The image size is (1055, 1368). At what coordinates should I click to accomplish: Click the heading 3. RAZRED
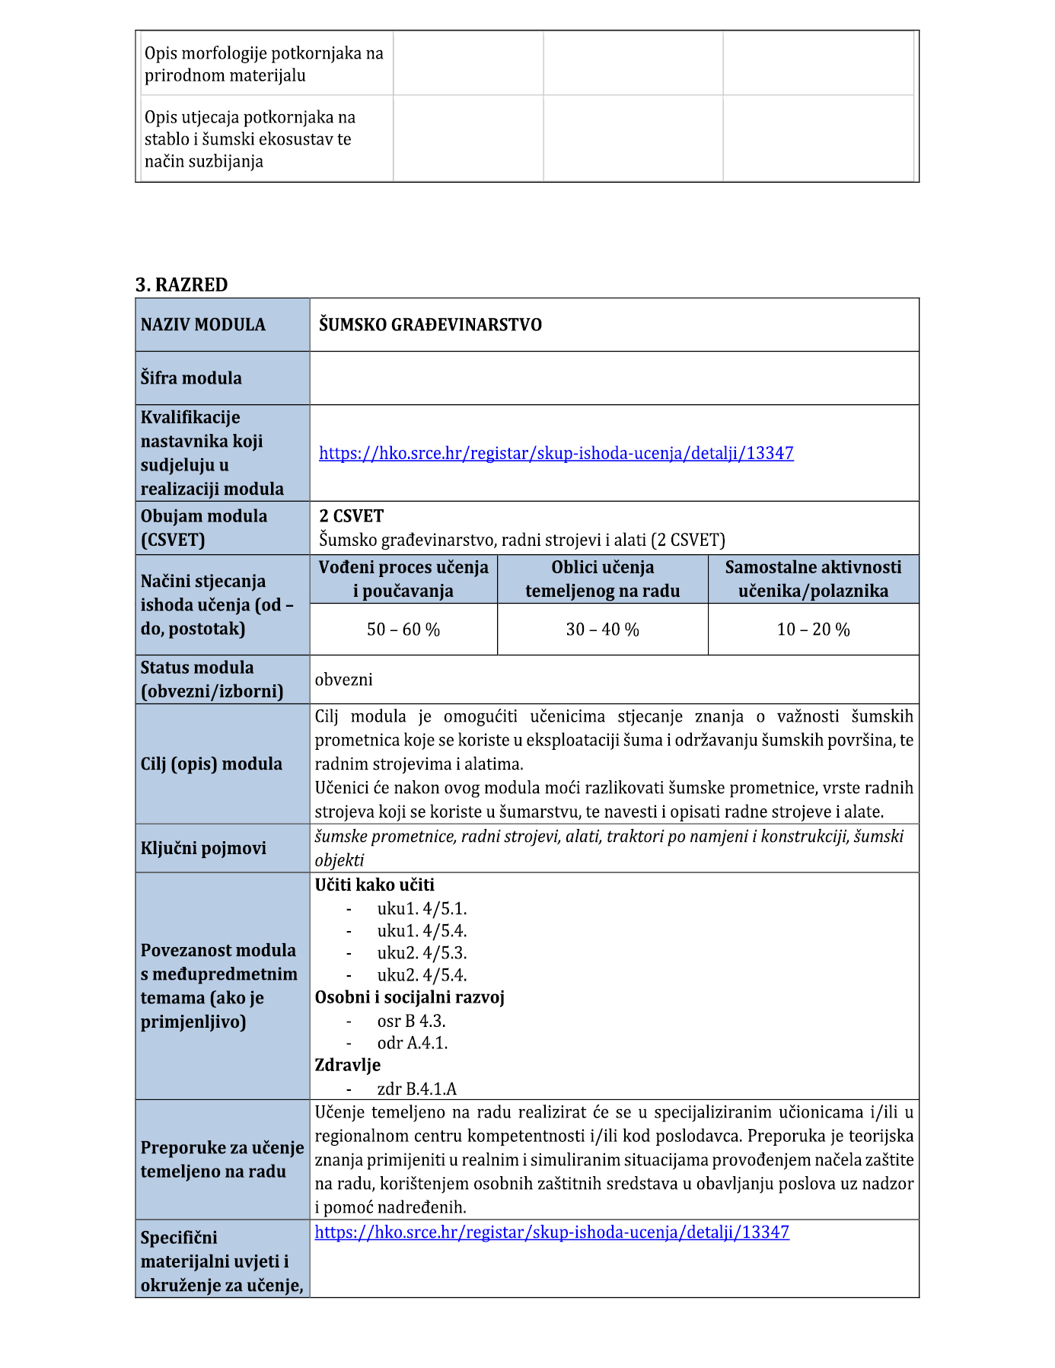181,285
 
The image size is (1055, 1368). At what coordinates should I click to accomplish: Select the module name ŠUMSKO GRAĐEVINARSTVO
430,325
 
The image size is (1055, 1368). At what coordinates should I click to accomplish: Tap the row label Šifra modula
191,378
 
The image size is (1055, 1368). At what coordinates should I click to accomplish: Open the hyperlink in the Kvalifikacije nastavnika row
556,454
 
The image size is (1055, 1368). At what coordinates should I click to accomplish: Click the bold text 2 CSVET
351,516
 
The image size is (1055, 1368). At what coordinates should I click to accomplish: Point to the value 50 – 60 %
403,630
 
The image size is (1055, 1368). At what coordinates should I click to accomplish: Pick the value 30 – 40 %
602,630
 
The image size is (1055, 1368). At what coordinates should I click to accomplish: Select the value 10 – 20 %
813,630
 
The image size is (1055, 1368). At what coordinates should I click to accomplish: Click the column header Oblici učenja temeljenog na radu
602,579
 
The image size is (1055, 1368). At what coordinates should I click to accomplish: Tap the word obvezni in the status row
344,680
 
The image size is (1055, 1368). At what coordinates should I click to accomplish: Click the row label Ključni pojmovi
203,849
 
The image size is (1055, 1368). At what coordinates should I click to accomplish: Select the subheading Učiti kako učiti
375,885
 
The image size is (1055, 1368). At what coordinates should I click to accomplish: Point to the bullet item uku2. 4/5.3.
422,953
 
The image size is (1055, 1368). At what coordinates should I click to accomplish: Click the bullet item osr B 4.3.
411,1021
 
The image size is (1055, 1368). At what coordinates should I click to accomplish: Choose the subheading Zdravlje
348,1065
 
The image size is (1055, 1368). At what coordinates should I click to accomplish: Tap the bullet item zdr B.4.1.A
417,1089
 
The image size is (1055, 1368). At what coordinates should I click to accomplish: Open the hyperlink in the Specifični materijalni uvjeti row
552,1232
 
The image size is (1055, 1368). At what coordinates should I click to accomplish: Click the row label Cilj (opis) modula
211,764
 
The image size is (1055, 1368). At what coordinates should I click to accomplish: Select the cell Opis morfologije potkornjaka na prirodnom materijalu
263,65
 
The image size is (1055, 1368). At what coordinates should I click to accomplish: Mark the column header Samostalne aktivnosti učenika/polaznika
813,579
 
